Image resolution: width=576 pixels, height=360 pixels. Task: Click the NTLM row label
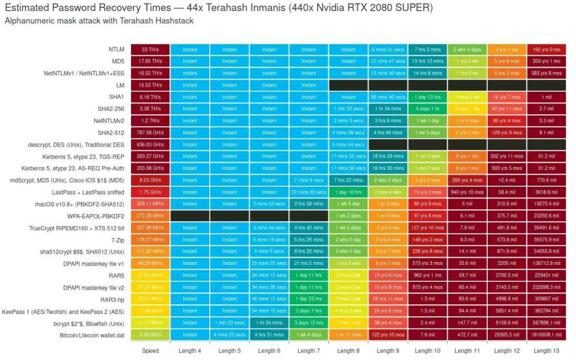click(x=116, y=49)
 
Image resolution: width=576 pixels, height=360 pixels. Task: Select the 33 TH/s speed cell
click(x=150, y=49)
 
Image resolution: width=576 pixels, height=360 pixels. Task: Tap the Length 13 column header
click(x=546, y=350)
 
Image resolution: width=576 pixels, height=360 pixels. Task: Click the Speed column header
click(x=150, y=350)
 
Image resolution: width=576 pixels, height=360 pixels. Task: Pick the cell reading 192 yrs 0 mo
click(x=546, y=49)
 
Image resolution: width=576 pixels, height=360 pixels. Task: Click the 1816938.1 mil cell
click(x=546, y=335)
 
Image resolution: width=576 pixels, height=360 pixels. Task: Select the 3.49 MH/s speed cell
click(x=150, y=335)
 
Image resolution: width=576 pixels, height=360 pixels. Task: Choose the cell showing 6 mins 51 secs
click(x=388, y=49)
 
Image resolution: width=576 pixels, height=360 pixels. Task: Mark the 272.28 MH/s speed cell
click(x=150, y=216)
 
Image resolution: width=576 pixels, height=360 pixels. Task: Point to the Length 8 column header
click(x=348, y=350)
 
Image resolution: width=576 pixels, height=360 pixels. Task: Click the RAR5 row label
click(x=116, y=276)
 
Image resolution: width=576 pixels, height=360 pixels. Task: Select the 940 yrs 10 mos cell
click(x=467, y=192)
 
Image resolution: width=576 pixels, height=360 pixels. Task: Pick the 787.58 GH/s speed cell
click(x=150, y=133)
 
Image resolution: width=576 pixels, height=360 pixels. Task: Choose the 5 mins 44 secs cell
click(x=348, y=145)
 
